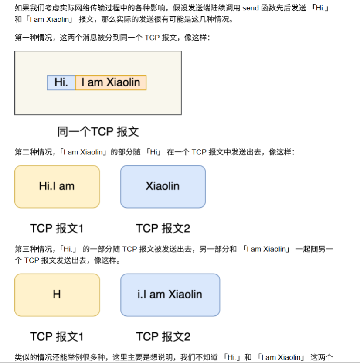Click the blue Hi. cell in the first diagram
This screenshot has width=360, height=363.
coord(61,82)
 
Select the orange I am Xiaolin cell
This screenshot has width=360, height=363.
coord(111,82)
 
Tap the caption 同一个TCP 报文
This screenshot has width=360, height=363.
coord(98,132)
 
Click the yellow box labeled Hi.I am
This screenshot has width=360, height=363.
coord(57,186)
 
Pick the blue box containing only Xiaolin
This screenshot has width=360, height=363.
coord(163,186)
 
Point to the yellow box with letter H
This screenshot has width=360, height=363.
coord(57,295)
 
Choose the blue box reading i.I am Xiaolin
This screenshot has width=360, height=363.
coord(170,295)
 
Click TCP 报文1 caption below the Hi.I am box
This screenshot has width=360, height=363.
coord(57,228)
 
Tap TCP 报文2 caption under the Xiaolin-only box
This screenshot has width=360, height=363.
coord(163,228)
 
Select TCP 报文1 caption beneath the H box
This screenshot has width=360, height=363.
coord(57,336)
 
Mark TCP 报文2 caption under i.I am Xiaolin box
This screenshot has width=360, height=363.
coord(163,336)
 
